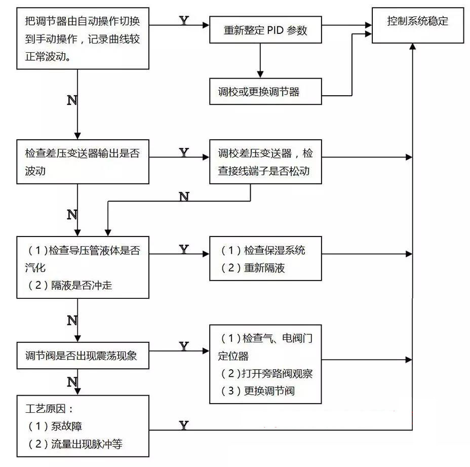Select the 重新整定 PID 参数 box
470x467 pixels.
265,30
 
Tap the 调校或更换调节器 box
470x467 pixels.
265,91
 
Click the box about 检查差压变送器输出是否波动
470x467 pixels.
83,162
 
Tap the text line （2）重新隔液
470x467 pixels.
253,268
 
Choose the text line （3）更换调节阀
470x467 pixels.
258,391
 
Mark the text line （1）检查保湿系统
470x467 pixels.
263,250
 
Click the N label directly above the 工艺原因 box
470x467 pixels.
72,381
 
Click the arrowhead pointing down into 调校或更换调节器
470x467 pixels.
260,74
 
